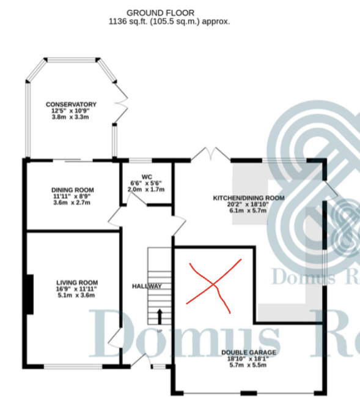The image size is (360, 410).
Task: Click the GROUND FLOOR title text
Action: point(160,13)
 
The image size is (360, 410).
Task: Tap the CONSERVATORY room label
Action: point(71,104)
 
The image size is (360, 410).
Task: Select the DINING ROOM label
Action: point(72,190)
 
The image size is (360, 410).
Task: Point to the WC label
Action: point(147,177)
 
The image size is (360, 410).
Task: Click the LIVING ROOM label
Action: point(77,283)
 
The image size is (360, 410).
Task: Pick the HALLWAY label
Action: point(147,286)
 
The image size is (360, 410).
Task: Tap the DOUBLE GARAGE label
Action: point(249,352)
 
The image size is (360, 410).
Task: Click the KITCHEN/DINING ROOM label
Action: point(249,198)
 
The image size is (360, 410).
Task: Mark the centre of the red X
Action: point(214,284)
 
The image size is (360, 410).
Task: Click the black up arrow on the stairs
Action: point(160,316)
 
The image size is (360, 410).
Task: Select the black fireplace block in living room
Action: point(30,294)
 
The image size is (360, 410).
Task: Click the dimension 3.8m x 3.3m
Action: point(70,117)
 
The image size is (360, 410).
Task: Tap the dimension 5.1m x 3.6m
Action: point(76,295)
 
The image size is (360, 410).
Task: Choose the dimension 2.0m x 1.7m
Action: point(146,189)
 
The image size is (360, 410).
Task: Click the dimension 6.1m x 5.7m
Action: point(248,211)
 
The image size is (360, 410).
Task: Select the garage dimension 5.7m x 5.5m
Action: point(248,365)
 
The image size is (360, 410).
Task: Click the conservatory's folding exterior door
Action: point(121,102)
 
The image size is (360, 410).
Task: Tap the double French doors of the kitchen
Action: point(211,154)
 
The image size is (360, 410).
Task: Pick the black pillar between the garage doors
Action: point(249,393)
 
